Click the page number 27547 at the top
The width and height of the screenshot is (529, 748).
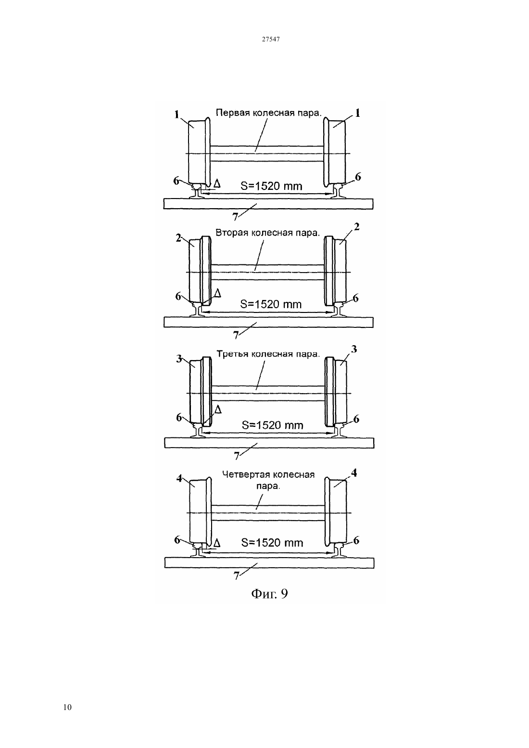point(270,39)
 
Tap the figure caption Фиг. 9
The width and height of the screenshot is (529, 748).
point(269,594)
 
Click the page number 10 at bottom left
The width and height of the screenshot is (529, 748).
point(67,707)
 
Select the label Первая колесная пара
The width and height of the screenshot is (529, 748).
point(268,113)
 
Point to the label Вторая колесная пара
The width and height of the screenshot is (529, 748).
point(268,233)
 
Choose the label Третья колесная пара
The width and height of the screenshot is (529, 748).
point(268,354)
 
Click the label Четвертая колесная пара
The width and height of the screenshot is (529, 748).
point(268,480)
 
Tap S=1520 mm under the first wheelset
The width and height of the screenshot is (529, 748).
point(271,186)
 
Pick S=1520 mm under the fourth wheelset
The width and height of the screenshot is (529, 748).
point(272,543)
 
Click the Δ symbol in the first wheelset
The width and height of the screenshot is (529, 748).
point(217,183)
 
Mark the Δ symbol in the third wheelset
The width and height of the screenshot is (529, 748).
point(218,410)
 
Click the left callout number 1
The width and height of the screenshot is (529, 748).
point(177,115)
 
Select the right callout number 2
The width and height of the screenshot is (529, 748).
point(357,227)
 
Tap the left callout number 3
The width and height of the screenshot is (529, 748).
point(179,359)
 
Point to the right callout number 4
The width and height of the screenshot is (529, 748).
point(354,473)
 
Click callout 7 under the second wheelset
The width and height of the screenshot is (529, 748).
point(236,335)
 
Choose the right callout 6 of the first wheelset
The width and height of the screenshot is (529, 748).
point(358,177)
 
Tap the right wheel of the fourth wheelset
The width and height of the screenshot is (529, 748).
point(336,512)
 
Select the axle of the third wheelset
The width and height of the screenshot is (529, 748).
point(268,393)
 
